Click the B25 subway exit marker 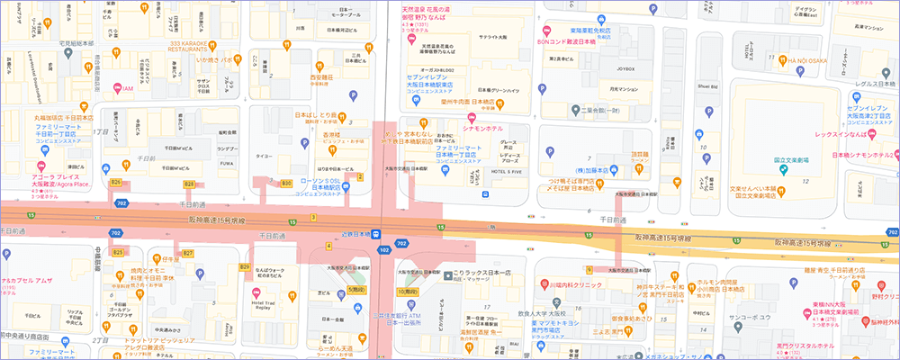(117, 253)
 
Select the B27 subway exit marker (188, 254)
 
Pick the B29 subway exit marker (244, 267)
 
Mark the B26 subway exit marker (115, 183)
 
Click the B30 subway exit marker (286, 183)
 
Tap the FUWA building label (227, 163)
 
